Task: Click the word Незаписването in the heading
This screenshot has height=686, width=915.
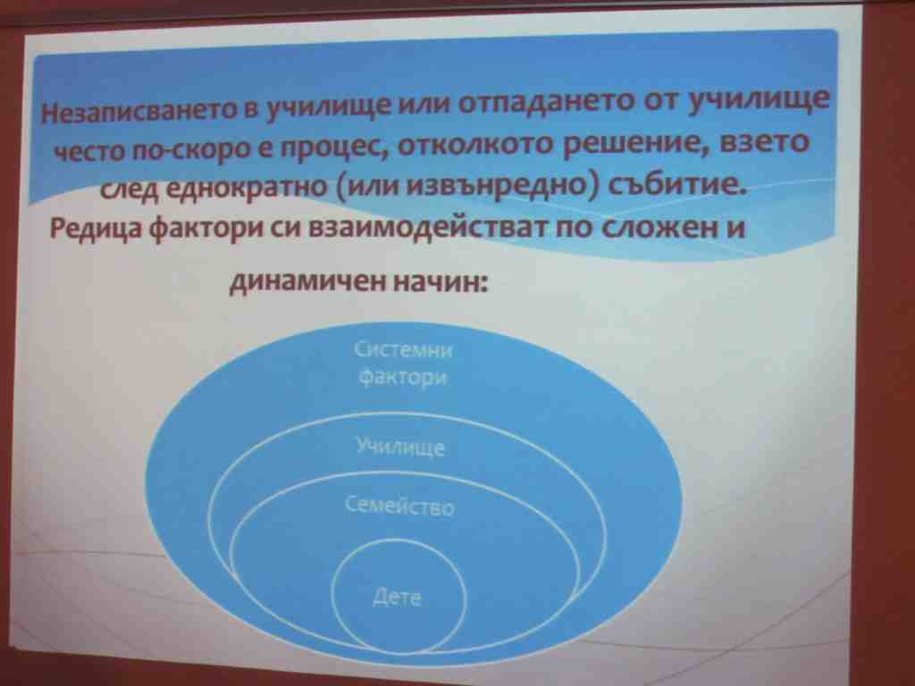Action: click(139, 110)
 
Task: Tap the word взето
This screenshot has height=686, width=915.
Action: click(766, 142)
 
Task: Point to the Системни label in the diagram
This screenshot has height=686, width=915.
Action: click(403, 350)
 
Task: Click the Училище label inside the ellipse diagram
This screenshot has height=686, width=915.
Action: click(401, 448)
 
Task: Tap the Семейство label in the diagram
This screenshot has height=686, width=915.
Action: click(399, 506)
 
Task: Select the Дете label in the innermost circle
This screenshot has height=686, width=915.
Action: click(397, 596)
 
